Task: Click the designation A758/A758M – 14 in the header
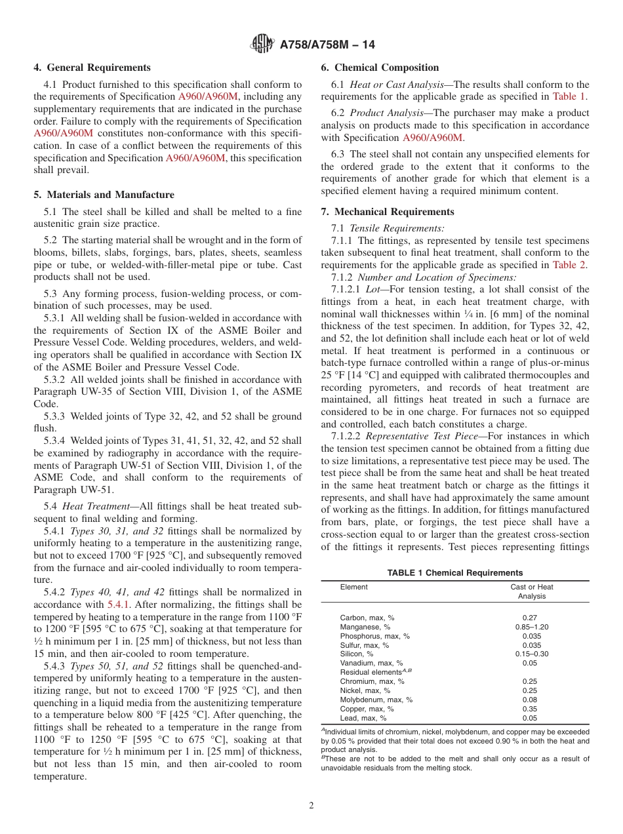327,45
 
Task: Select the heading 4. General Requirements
92,68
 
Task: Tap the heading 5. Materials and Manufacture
104,195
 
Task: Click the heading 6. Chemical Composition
380,68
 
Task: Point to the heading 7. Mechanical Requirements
387,212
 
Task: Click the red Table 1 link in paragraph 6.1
571,96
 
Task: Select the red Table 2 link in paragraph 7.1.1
571,265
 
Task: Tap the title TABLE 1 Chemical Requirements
455,572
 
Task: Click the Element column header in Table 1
354,587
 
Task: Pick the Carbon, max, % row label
367,618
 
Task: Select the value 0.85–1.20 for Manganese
531,627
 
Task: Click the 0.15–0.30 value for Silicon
531,654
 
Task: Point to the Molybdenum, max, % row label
376,700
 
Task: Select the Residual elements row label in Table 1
370,672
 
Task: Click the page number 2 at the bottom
311,806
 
